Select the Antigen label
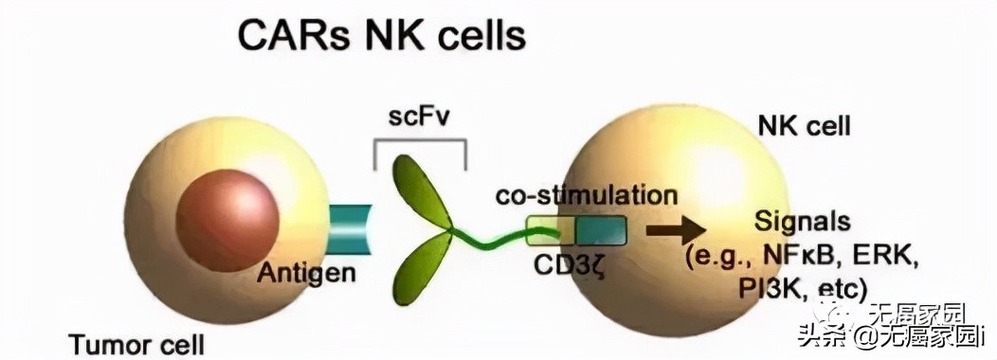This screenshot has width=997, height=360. pos(306,275)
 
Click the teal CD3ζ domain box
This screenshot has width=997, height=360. pos(599,229)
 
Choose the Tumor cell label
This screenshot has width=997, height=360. pos(136,341)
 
